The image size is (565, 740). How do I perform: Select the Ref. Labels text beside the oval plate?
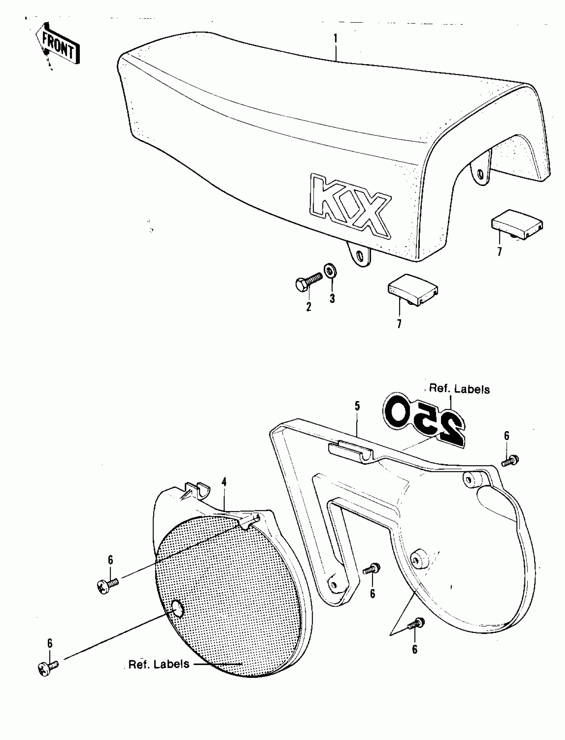point(159,664)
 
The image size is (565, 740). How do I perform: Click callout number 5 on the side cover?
point(357,406)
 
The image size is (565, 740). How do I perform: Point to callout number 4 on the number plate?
point(224,482)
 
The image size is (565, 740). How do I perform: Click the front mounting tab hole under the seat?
point(360,258)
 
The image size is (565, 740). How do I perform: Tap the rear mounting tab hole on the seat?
point(480,174)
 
